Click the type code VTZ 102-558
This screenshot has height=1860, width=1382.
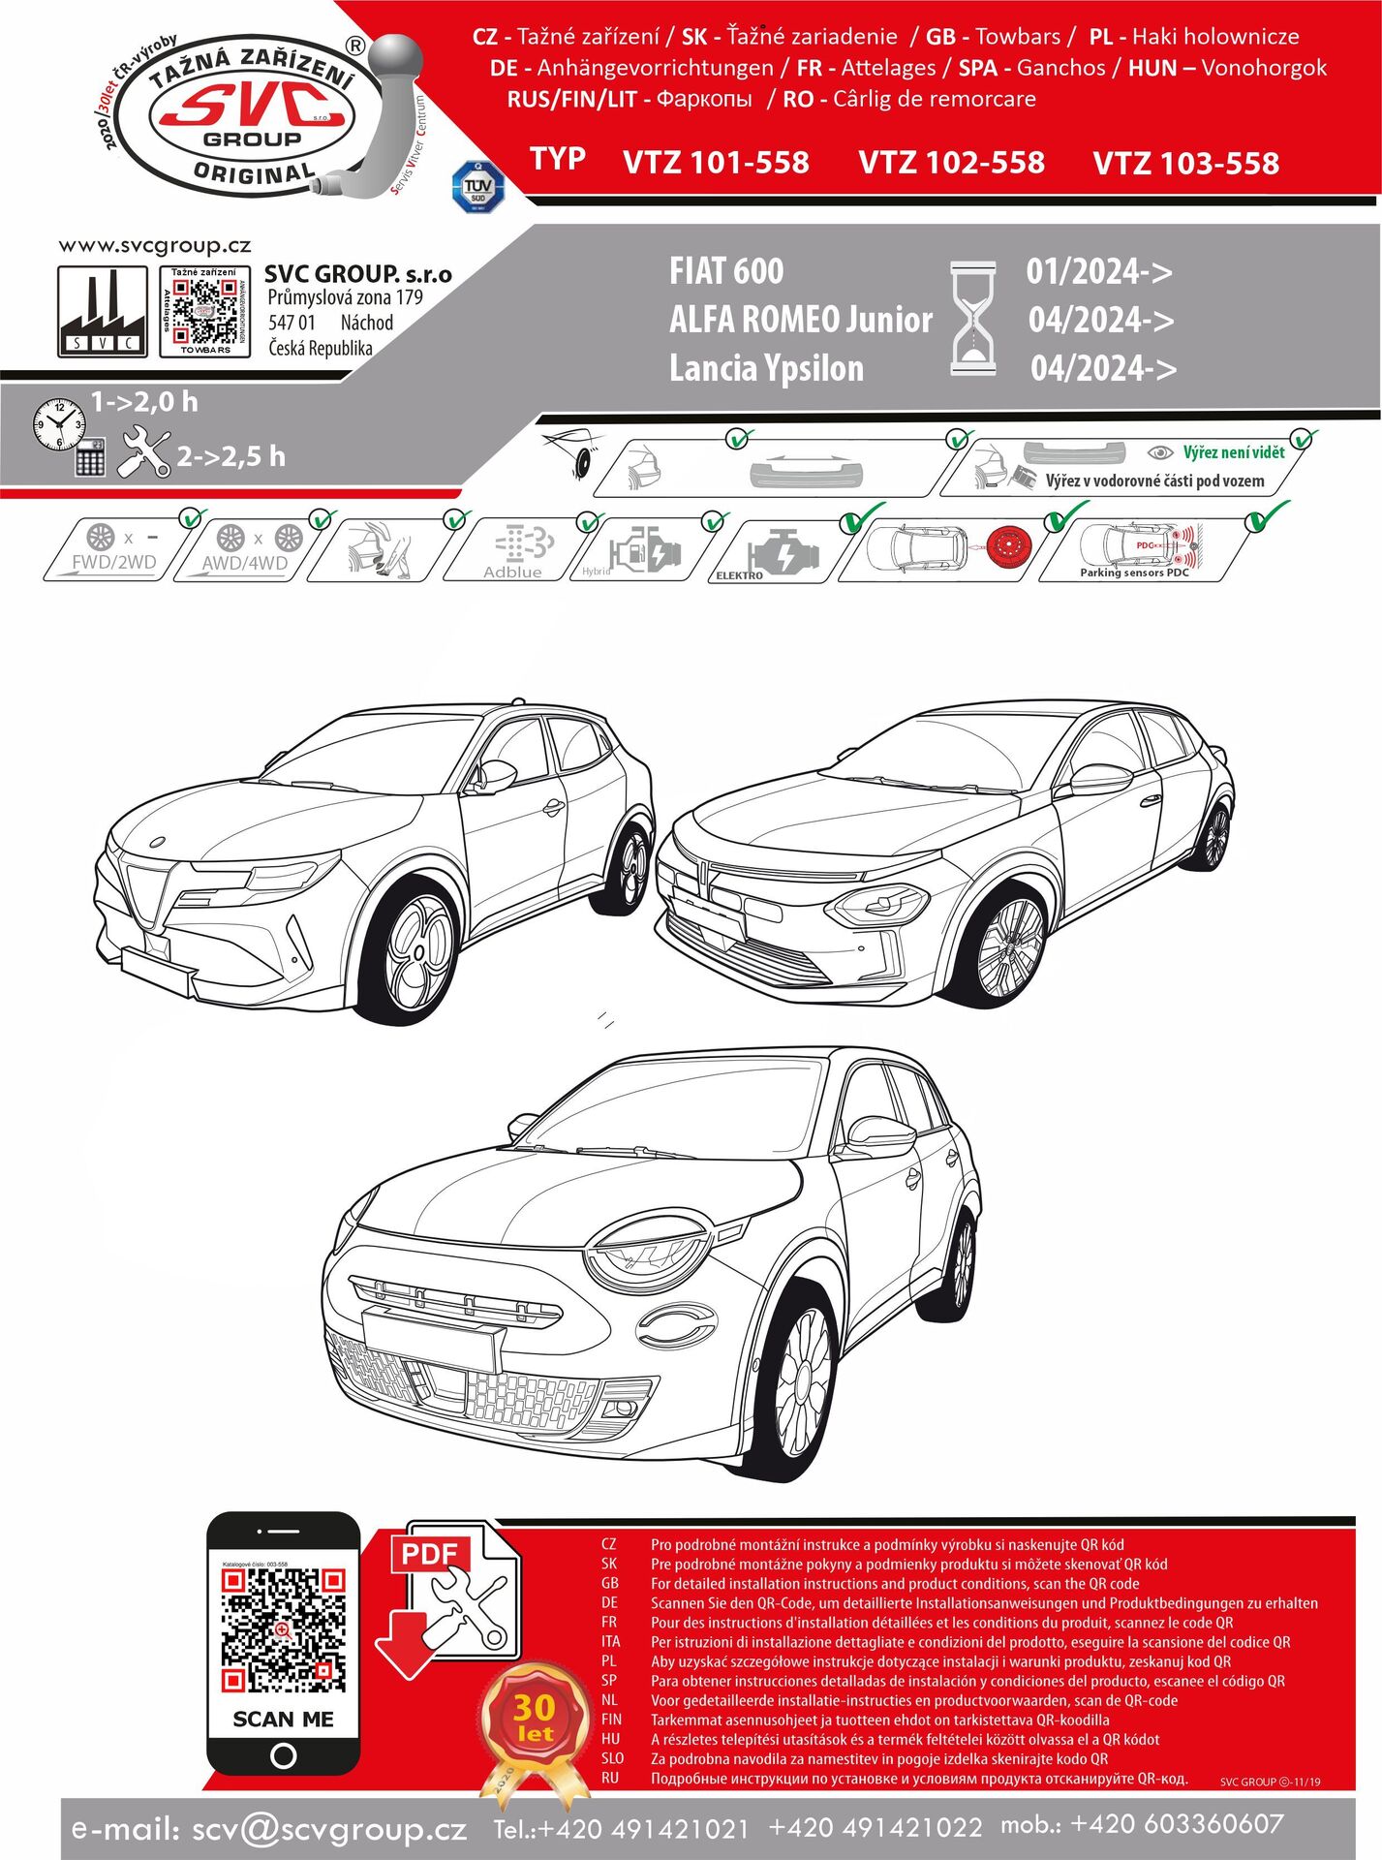tap(951, 163)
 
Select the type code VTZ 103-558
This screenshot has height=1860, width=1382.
tap(1185, 164)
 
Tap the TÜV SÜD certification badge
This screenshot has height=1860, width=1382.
tap(478, 186)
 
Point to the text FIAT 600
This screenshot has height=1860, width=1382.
tap(726, 271)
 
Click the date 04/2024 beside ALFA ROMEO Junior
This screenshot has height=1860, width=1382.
tap(1101, 320)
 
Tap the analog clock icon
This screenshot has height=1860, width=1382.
tap(59, 423)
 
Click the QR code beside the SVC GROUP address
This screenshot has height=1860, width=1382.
tap(204, 311)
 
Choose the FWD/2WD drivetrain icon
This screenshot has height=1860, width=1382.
tap(113, 548)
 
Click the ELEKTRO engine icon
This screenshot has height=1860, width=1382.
tap(780, 552)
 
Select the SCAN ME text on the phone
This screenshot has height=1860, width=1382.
tap(283, 1719)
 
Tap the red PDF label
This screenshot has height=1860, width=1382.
tap(430, 1555)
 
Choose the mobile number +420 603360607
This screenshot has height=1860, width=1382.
tap(1177, 1824)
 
